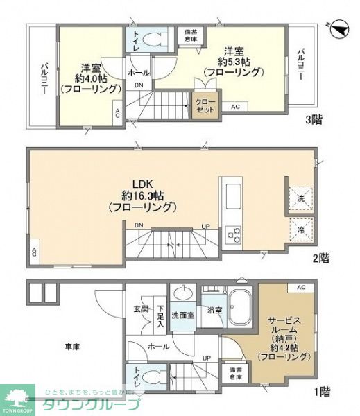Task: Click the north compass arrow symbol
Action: (338, 28)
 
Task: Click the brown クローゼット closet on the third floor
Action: (205, 105)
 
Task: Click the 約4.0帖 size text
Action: (89, 78)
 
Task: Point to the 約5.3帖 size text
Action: (232, 61)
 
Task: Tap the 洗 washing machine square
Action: (301, 197)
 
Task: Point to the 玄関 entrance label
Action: (141, 311)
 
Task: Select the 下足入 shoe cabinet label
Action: (160, 316)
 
